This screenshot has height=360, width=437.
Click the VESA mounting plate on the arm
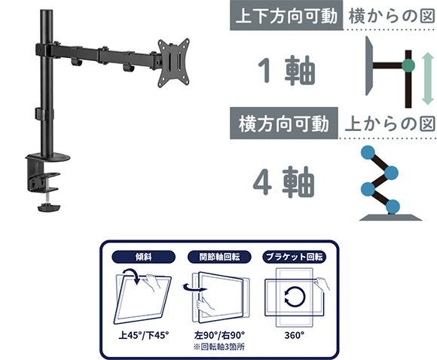pos(173,63)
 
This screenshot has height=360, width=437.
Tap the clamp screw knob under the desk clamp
pos(49,208)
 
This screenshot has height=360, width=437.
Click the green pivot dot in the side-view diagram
pos(408,66)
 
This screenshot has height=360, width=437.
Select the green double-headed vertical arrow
pos(427,79)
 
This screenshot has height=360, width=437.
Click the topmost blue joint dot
pos(368,153)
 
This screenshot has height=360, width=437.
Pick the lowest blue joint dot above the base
pos(393,206)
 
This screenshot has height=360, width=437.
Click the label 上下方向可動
pos(286,16)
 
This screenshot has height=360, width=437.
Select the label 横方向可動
pos(284,124)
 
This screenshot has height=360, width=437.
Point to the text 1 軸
pos(287,70)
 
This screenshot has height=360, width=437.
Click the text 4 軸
pos(284,182)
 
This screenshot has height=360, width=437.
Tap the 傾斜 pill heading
pos(143,257)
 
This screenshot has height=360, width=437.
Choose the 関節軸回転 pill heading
pos(219,257)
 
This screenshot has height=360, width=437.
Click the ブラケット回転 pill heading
pos(295,257)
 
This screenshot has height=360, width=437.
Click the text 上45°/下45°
pos(144,335)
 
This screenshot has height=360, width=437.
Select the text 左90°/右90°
pos(219,335)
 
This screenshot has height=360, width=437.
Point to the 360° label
pos(295,335)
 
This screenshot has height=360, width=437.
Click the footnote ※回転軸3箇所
pos(219,347)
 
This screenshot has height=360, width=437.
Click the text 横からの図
pos(391,16)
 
